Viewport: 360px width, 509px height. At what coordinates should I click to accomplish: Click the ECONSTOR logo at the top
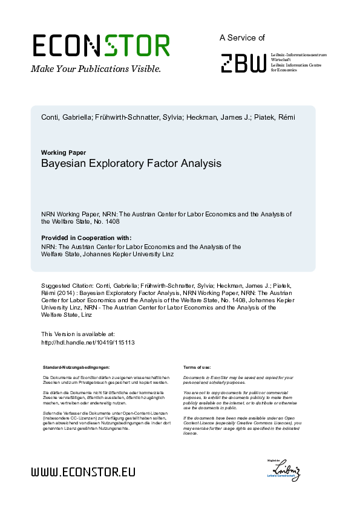click(x=100, y=46)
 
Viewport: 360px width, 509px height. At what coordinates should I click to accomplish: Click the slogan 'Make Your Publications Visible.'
click(x=96, y=69)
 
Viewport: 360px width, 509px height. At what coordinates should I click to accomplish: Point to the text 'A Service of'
click(x=242, y=37)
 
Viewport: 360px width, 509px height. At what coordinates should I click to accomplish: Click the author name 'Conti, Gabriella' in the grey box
click(x=66, y=117)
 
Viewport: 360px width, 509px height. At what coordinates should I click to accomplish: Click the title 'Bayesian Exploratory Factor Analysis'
click(x=131, y=164)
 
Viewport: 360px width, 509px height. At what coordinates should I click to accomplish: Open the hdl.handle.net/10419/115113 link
click(x=87, y=342)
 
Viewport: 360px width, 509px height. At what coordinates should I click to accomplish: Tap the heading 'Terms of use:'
click(x=197, y=367)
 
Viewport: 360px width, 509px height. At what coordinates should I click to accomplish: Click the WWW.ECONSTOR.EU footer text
click(x=83, y=472)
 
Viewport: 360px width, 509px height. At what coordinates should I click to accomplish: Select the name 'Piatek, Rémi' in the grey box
click(x=275, y=117)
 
